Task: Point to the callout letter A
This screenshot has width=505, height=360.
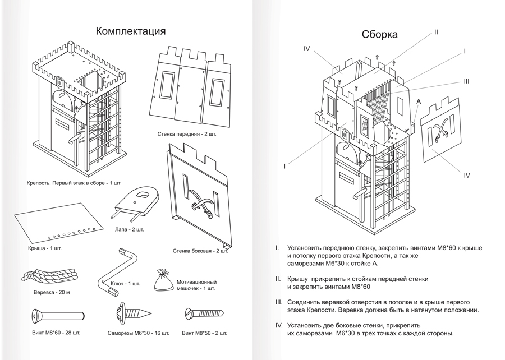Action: pyautogui.click(x=419, y=101)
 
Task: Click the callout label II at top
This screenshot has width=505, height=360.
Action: pyautogui.click(x=435, y=32)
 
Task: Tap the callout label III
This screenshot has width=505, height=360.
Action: pyautogui.click(x=466, y=81)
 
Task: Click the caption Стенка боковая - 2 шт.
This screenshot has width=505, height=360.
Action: pyautogui.click(x=199, y=251)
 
